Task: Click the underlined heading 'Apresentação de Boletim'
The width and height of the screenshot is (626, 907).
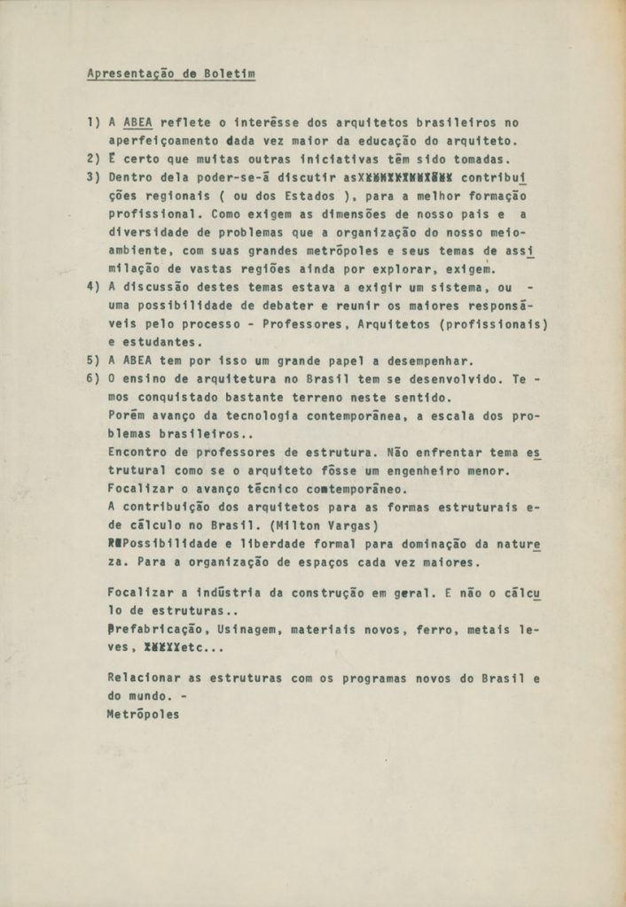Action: tap(171, 74)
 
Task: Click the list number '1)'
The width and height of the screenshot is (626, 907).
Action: tap(93, 122)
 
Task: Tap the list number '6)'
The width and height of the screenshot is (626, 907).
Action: tap(93, 378)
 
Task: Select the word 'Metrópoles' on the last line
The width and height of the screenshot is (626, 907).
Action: tap(143, 715)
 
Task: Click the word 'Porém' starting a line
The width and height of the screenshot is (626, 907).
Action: tap(127, 415)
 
